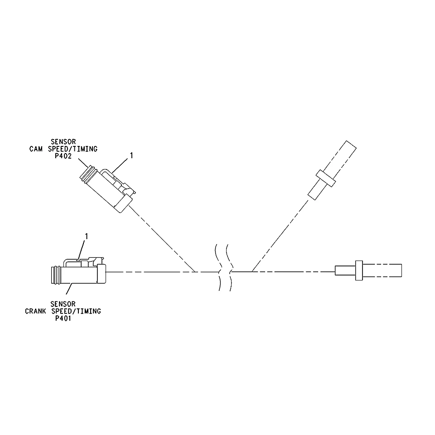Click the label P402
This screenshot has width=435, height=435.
tap(63, 156)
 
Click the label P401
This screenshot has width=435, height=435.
tap(63, 319)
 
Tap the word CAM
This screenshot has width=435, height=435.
tap(36, 149)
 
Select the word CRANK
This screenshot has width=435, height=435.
tap(35, 311)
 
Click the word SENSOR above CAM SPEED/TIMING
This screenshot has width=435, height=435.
tap(63, 142)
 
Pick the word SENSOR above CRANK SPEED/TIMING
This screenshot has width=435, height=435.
tap(63, 304)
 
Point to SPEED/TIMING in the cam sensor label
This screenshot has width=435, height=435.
tap(72, 149)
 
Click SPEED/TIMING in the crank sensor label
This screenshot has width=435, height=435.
tap(76, 311)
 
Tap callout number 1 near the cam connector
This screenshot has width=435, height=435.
tap(131, 155)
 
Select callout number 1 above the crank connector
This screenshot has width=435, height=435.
tap(86, 237)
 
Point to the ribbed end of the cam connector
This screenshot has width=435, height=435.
tap(87, 174)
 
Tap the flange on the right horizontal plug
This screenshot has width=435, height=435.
tap(359, 271)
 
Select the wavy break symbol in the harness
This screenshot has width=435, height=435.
tap(223, 268)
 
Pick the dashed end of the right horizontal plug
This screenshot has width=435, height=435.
tap(382, 270)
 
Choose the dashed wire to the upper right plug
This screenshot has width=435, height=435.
tap(280, 235)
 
